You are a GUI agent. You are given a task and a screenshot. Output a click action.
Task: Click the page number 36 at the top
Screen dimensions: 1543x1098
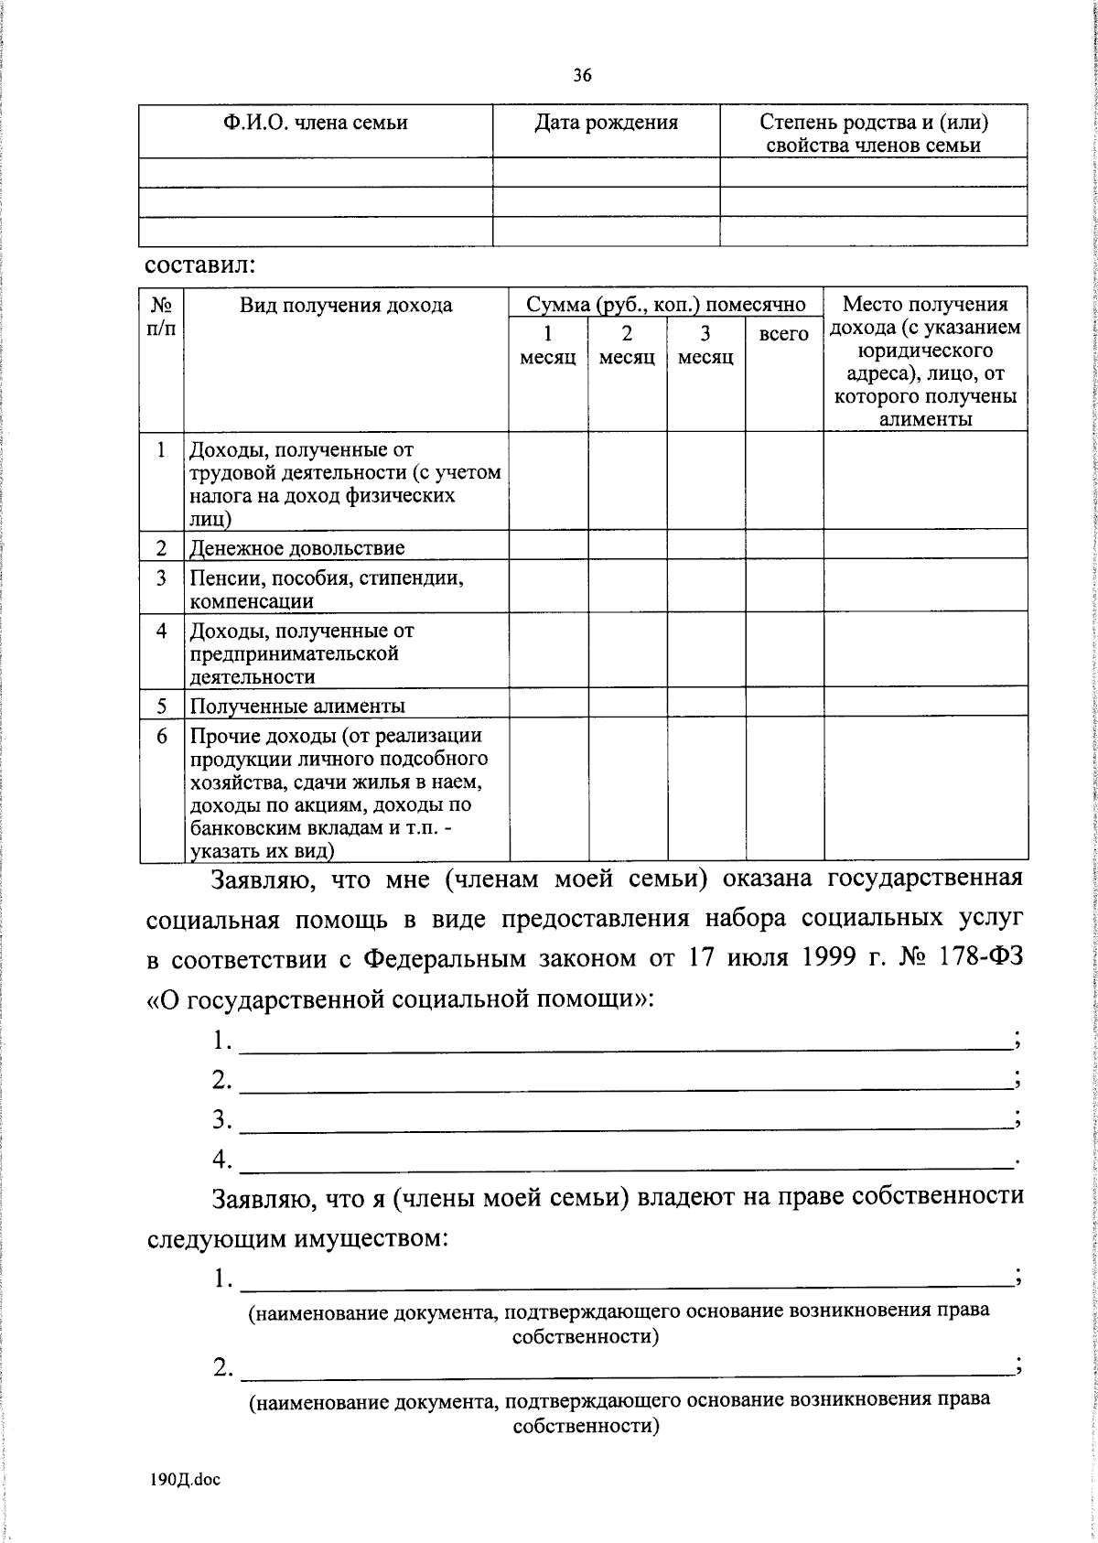[583, 76]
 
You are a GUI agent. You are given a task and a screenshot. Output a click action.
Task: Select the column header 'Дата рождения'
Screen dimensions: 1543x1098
[606, 123]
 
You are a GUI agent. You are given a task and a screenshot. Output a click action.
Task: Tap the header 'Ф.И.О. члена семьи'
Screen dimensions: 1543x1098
[316, 123]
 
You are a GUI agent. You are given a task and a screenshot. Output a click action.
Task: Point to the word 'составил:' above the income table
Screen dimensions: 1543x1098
[199, 266]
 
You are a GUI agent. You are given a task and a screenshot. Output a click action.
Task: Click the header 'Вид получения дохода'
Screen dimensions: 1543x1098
[346, 306]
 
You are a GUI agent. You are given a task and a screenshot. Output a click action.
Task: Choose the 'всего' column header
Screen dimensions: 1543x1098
[784, 334]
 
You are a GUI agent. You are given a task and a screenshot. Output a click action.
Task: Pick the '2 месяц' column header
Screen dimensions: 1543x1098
[627, 346]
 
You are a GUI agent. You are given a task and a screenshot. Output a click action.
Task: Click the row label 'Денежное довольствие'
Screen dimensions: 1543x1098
[296, 548]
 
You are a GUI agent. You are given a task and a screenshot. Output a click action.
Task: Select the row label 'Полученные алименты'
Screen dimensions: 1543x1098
[296, 706]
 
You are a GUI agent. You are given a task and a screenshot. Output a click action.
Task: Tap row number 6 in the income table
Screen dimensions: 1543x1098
[162, 736]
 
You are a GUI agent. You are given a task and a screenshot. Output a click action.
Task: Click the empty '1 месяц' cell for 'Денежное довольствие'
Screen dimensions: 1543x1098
[548, 545]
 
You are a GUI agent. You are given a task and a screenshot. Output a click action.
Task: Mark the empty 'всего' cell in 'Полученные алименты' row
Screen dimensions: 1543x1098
[784, 703]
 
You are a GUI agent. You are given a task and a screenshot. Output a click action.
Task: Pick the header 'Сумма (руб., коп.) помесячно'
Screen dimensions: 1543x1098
[665, 305]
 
